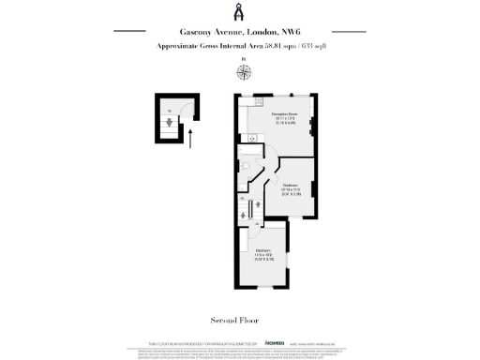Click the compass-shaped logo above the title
(239, 11)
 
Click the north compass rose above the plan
(244, 68)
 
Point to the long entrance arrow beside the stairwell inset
(191, 139)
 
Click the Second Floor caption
(239, 319)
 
